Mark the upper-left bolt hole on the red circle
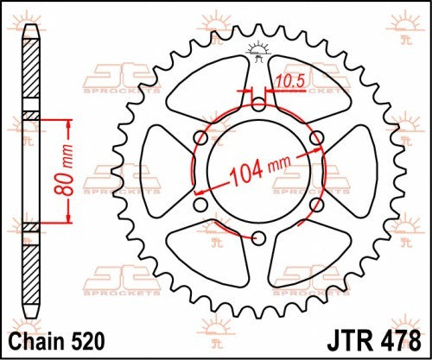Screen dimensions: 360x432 click(200, 136)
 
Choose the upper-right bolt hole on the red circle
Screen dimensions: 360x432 click(314, 136)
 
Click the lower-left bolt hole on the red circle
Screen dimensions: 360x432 click(200, 204)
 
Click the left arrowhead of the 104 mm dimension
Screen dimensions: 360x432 click(200, 191)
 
